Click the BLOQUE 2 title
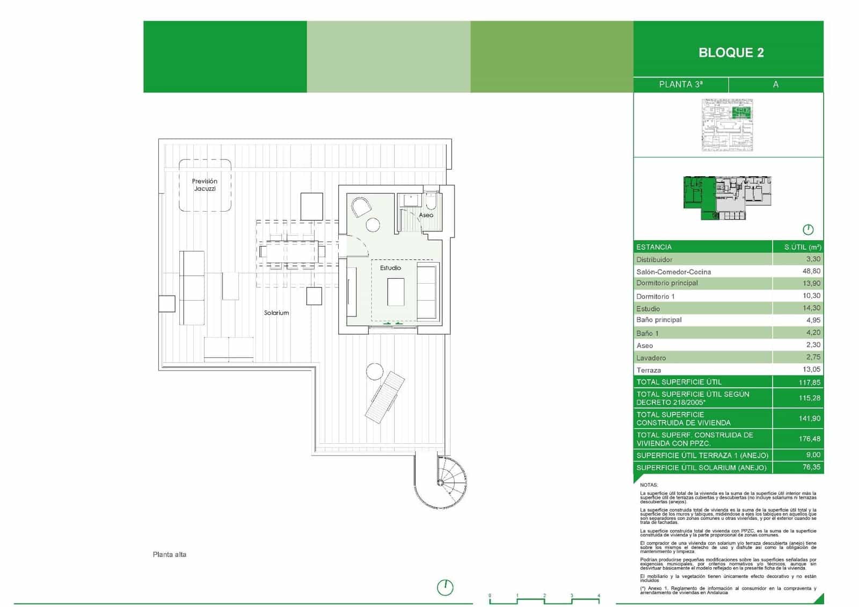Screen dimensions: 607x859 [731, 53]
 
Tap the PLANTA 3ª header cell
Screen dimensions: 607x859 [680, 84]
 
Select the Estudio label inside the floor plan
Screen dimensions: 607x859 [390, 268]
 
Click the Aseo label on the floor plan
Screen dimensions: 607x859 [426, 215]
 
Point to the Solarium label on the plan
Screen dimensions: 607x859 [276, 313]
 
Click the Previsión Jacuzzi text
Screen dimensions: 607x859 [205, 185]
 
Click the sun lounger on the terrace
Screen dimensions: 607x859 [385, 396]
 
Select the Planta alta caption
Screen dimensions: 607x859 [170, 554]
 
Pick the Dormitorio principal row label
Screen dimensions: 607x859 [667, 283]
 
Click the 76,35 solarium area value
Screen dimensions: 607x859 [811, 467]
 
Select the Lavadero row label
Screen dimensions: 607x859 [651, 358]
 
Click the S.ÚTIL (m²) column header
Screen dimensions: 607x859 [803, 247]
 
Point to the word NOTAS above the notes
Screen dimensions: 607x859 [649, 485]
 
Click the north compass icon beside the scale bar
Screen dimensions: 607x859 [445, 588]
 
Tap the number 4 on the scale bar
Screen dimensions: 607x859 [599, 596]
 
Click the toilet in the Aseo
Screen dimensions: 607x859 [431, 202]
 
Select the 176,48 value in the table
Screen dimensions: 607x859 [809, 439]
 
